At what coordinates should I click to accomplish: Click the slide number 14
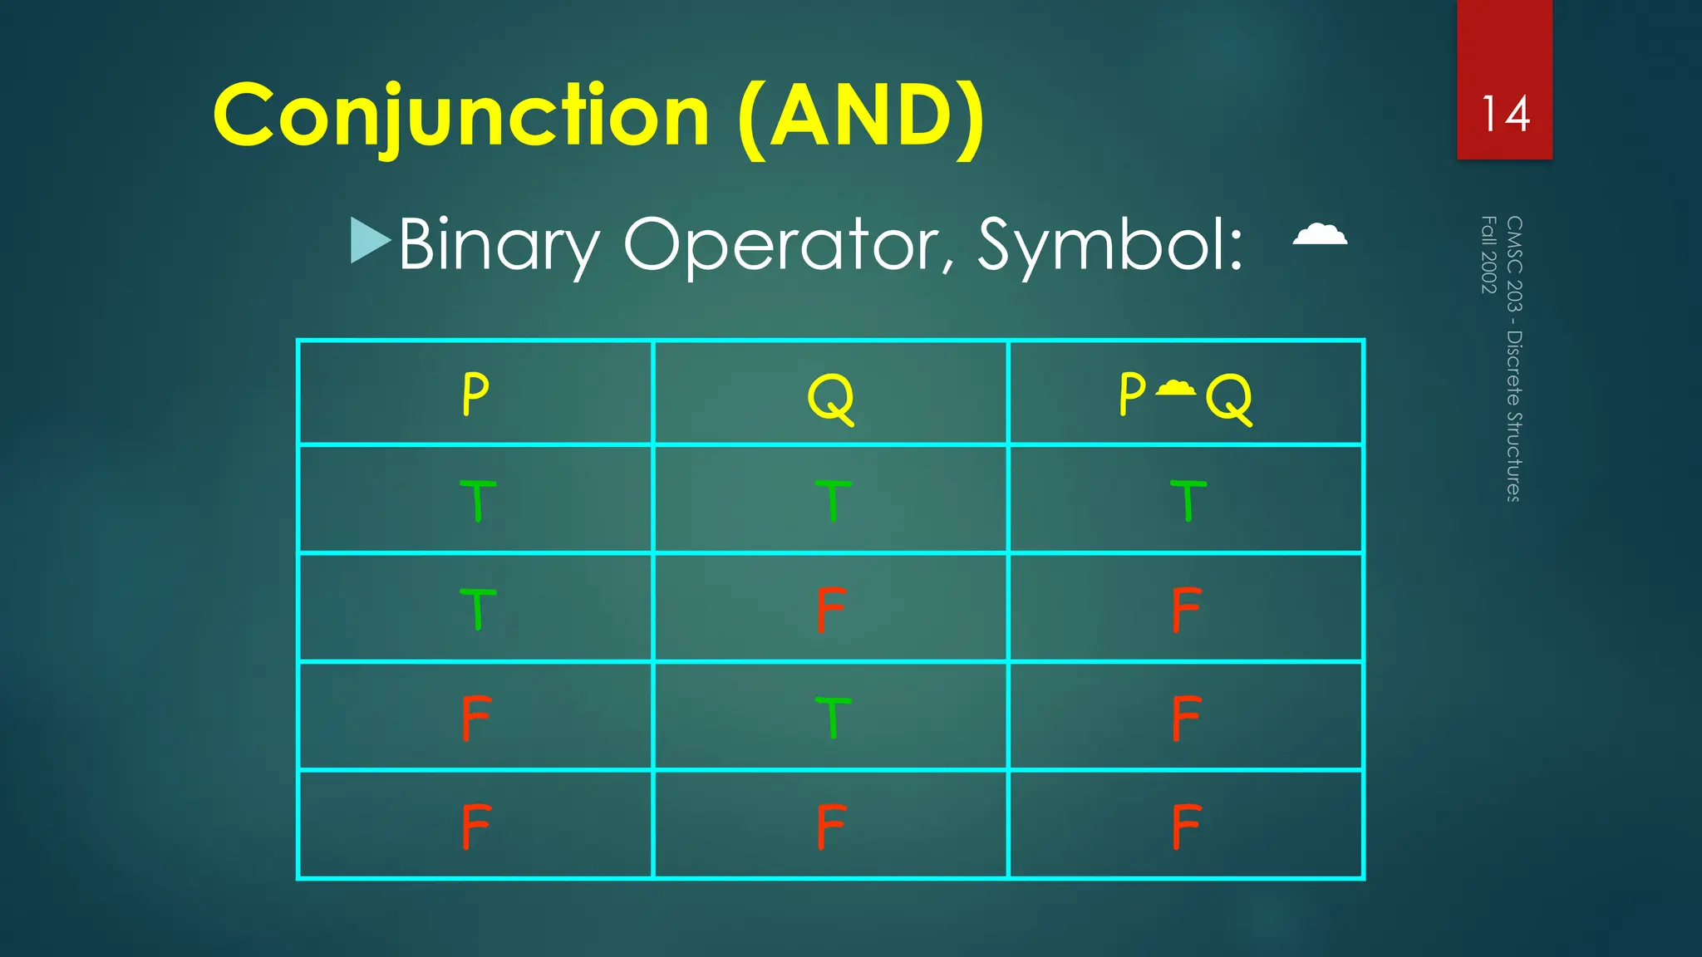tap(1505, 114)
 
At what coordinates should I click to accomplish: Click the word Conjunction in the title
tap(461, 115)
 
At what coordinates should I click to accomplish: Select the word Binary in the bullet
tap(499, 244)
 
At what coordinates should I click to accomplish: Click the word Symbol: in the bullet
tap(1110, 244)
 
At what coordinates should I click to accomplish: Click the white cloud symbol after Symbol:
tap(1320, 234)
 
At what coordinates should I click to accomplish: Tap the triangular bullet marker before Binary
tap(370, 241)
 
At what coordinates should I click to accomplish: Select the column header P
tap(475, 394)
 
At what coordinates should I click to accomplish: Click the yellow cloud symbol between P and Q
tap(1175, 387)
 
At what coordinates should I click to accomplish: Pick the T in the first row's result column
tap(1188, 500)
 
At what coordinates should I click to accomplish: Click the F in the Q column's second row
tap(831, 609)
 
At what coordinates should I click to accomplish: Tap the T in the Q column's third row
tap(832, 717)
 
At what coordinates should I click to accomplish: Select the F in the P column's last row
tap(476, 826)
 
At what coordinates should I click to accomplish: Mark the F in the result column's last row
tap(1186, 826)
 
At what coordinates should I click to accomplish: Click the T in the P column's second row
tap(477, 609)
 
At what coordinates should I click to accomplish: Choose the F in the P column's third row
tap(476, 717)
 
